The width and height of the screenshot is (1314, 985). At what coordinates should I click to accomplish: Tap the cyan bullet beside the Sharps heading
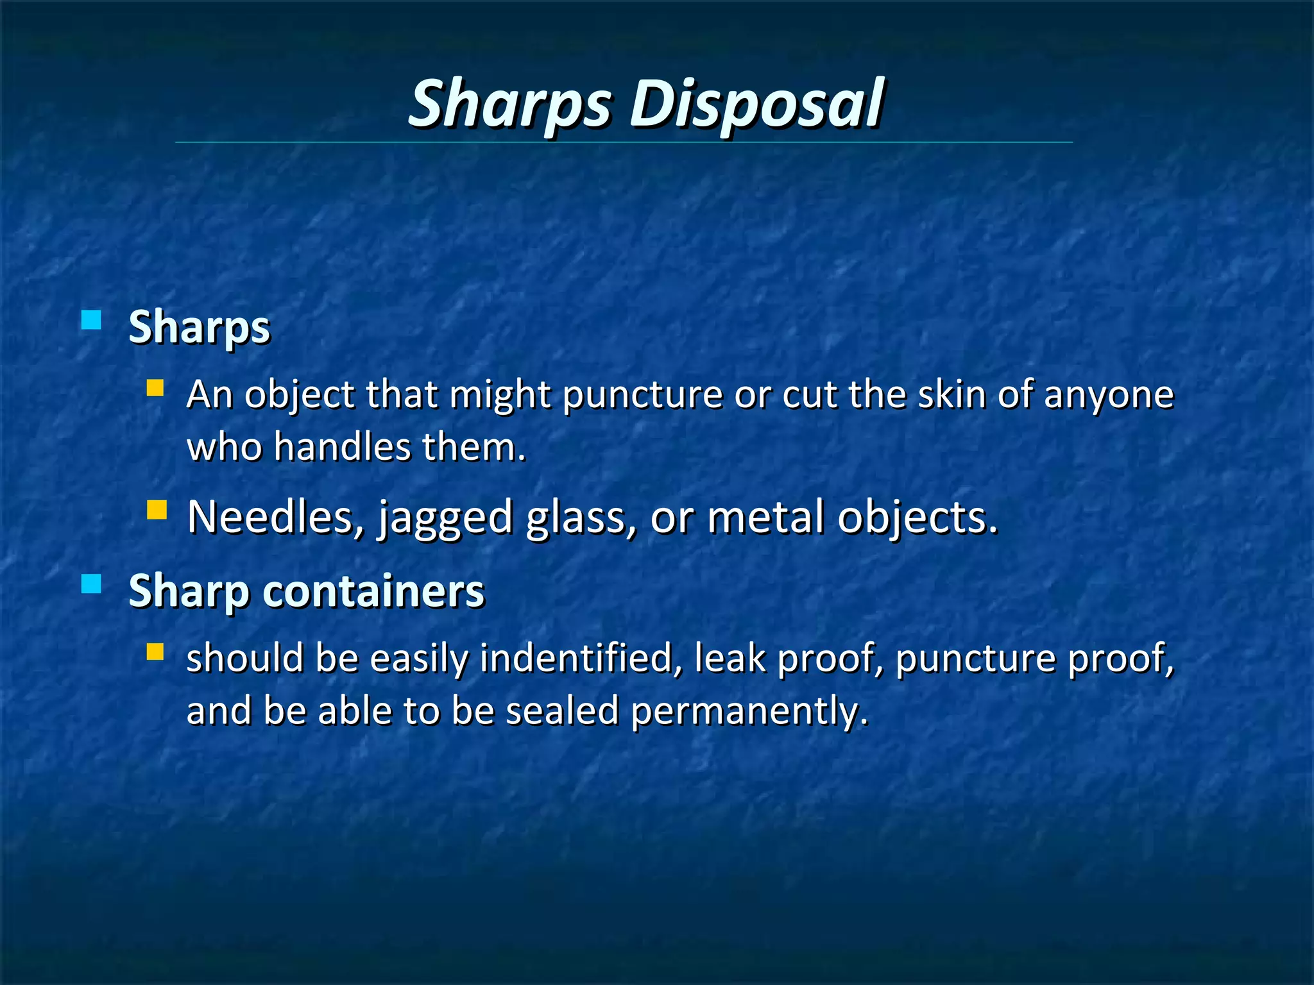(x=92, y=319)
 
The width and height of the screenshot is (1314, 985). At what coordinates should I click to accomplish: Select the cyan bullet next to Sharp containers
(x=92, y=584)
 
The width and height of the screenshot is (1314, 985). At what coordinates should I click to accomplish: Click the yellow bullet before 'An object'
(x=155, y=388)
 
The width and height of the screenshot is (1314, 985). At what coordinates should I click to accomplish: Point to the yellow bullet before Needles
(x=157, y=510)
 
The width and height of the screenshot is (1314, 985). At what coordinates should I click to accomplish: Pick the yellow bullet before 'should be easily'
(x=155, y=652)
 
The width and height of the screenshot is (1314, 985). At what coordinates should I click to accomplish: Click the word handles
(x=342, y=446)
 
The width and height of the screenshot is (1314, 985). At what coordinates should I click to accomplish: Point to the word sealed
(x=562, y=711)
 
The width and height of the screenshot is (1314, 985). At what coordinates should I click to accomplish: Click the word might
(x=500, y=395)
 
